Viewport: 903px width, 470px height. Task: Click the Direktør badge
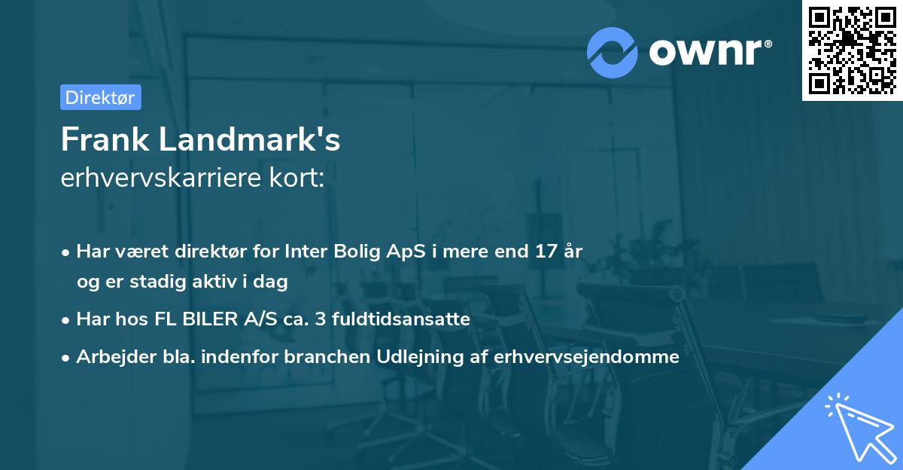click(100, 97)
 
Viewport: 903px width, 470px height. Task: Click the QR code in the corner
click(852, 50)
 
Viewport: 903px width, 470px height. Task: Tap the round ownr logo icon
click(613, 52)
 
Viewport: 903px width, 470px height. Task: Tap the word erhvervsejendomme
click(587, 357)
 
